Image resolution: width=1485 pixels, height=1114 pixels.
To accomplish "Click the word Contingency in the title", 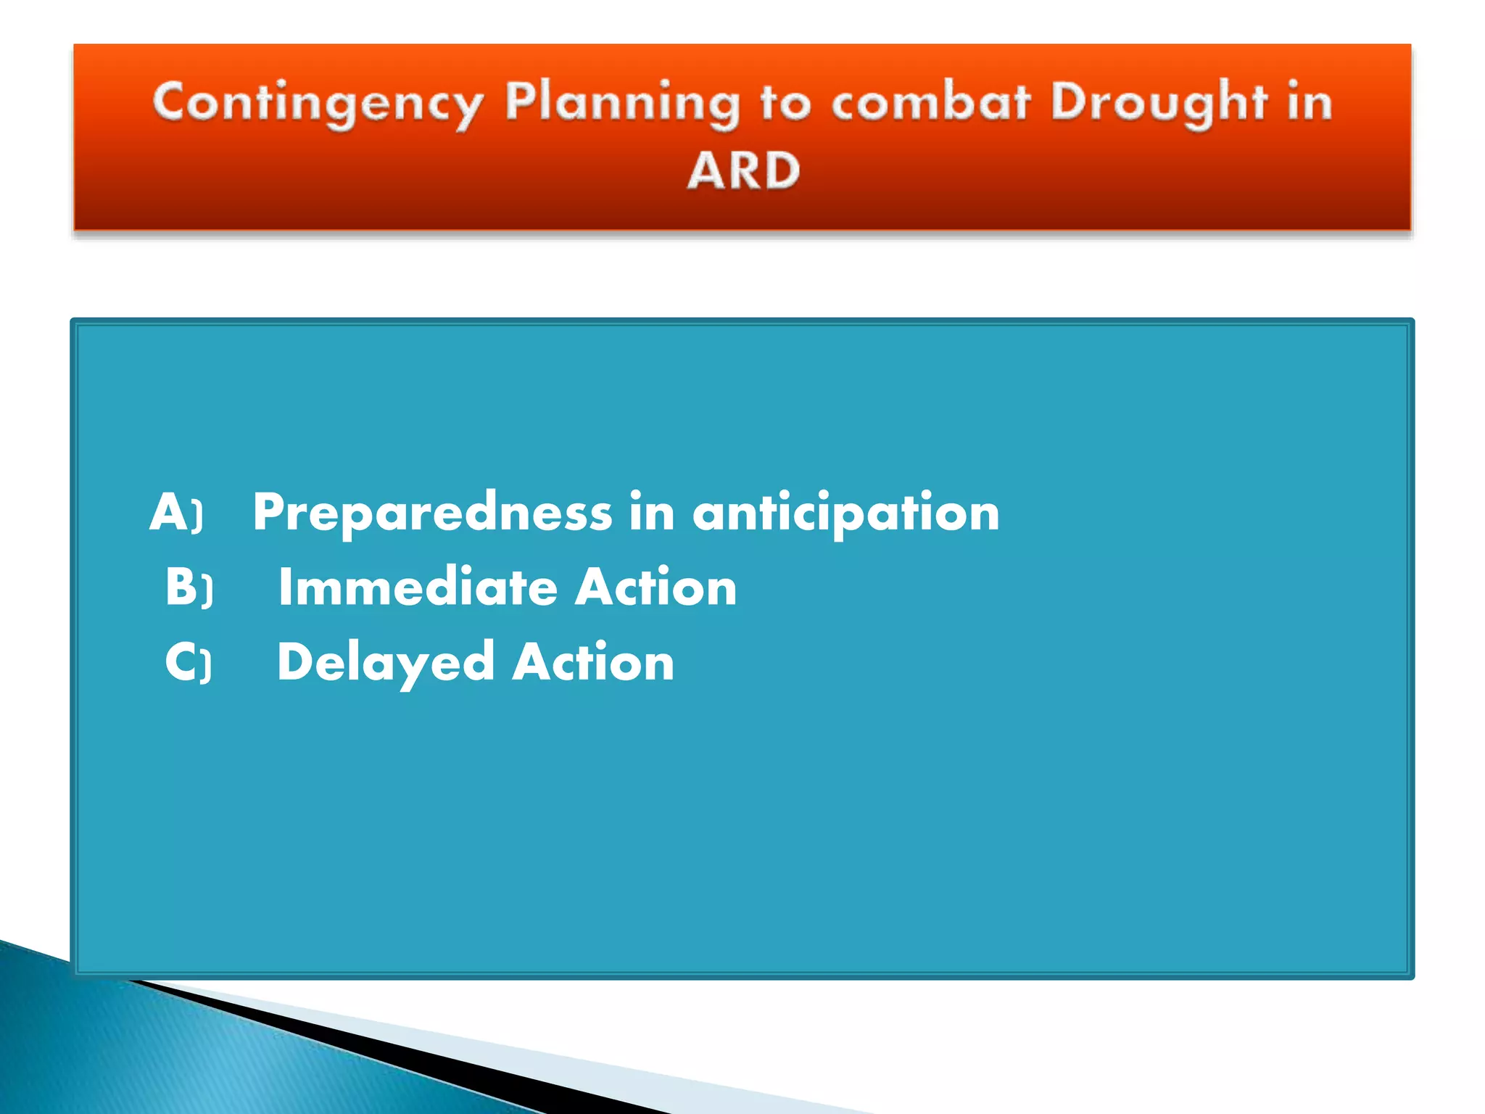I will tap(317, 104).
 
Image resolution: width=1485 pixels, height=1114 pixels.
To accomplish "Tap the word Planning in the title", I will tap(622, 104).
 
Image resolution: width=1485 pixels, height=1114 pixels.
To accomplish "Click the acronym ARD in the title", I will tap(743, 171).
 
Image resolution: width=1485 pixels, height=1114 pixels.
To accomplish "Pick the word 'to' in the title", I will tap(785, 104).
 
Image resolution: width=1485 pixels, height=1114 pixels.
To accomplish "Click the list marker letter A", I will tap(168, 512).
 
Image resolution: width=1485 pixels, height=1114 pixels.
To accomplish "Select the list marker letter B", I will tap(181, 586).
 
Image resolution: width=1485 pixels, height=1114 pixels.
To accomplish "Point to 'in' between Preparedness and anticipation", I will tap(652, 512).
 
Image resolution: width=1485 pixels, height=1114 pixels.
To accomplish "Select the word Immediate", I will tap(418, 587).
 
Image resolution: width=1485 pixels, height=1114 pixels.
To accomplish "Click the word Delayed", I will tap(385, 662).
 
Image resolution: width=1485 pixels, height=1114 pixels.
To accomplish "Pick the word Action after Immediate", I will tap(655, 587).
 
